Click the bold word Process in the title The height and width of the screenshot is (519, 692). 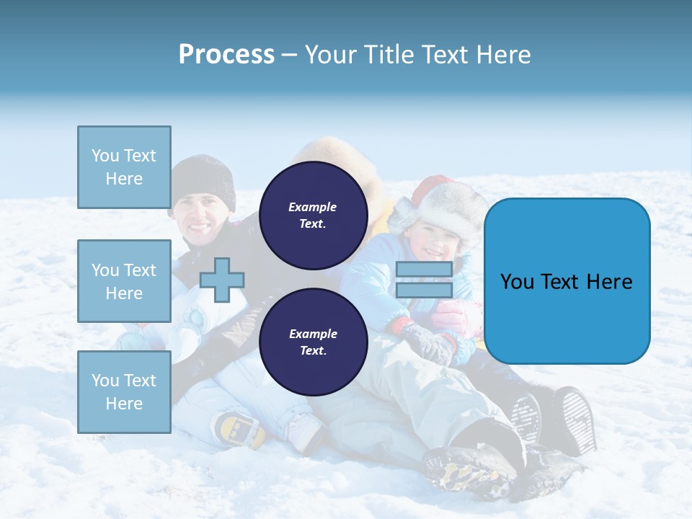pyautogui.click(x=226, y=55)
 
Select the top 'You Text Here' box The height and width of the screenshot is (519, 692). pyautogui.click(x=124, y=167)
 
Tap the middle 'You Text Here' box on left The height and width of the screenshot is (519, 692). pyautogui.click(x=124, y=281)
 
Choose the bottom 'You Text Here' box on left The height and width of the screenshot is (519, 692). pyautogui.click(x=124, y=392)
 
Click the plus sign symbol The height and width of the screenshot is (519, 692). pyautogui.click(x=222, y=280)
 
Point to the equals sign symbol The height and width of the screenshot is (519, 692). pyautogui.click(x=425, y=280)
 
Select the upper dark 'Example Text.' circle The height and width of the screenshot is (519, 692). pyautogui.click(x=313, y=215)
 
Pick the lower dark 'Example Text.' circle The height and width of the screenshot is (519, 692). pyautogui.click(x=313, y=342)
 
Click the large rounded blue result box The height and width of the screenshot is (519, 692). pyautogui.click(x=567, y=281)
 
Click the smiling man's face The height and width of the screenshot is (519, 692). pyautogui.click(x=201, y=218)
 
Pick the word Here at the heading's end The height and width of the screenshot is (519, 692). pyautogui.click(x=504, y=55)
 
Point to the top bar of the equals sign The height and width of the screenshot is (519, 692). pyautogui.click(x=425, y=270)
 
